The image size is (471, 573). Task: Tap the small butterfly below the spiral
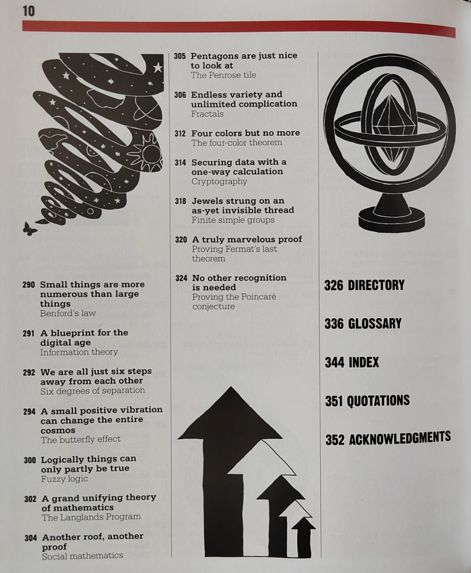click(30, 229)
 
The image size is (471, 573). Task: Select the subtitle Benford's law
click(68, 313)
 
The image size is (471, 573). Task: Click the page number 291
click(29, 334)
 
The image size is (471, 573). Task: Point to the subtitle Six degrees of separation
click(92, 390)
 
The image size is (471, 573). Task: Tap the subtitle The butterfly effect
click(81, 440)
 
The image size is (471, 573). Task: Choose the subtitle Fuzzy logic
click(64, 479)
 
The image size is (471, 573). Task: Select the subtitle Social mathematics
click(82, 556)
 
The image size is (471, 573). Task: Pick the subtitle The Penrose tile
click(223, 75)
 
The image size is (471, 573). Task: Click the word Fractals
click(207, 114)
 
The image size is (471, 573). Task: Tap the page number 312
click(180, 134)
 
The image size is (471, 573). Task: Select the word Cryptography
click(219, 181)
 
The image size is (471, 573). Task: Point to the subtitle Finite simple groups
click(233, 220)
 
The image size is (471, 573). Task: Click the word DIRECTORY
click(376, 285)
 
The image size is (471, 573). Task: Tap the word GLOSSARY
click(375, 324)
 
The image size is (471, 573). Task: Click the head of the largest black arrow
click(230, 414)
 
